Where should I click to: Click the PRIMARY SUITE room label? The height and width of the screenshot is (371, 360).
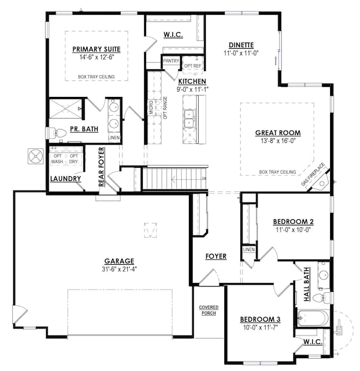pyautogui.click(x=96, y=49)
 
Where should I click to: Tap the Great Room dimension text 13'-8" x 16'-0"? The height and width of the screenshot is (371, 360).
pyautogui.click(x=277, y=142)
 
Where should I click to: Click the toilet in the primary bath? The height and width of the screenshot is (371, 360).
pyautogui.click(x=55, y=133)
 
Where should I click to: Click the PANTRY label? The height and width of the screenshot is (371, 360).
pyautogui.click(x=171, y=61)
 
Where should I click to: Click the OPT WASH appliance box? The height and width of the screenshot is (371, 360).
pyautogui.click(x=58, y=158)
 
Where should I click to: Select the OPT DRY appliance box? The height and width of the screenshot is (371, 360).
pyautogui.click(x=74, y=158)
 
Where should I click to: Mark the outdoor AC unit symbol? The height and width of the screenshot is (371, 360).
pyautogui.click(x=37, y=157)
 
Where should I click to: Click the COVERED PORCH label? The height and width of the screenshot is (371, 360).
pyautogui.click(x=209, y=310)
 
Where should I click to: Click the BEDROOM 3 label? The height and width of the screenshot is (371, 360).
pyautogui.click(x=260, y=320)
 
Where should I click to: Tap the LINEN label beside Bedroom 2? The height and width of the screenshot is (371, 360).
pyautogui.click(x=249, y=250)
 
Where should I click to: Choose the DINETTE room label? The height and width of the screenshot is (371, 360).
pyautogui.click(x=241, y=45)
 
